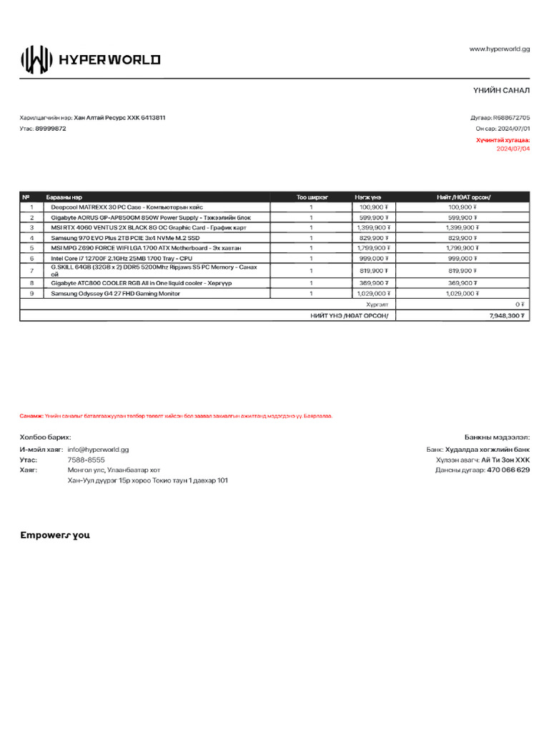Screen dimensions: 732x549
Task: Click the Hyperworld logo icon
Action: [x=36, y=60]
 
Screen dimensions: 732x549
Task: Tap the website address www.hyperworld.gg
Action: [x=499, y=49]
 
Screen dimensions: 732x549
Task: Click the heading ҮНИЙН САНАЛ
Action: [x=500, y=89]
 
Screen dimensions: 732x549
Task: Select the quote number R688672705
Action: [x=510, y=117]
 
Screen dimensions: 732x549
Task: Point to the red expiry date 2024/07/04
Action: [x=513, y=149]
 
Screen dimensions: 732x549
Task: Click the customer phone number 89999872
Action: [x=51, y=129]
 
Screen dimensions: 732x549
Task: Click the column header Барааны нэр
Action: [x=64, y=197]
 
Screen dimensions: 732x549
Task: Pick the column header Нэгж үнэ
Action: [x=367, y=197]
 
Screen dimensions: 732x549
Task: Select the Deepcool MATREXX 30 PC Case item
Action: [x=127, y=207]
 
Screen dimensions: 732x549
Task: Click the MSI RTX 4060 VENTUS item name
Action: [x=149, y=227]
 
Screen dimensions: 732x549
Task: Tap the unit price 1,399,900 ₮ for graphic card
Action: [x=373, y=227]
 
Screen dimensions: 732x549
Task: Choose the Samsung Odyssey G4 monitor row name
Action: [x=115, y=293]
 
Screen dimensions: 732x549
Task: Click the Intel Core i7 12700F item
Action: [x=121, y=258]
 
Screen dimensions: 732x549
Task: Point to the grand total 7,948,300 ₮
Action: [x=508, y=315]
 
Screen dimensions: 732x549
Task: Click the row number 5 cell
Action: [x=32, y=247]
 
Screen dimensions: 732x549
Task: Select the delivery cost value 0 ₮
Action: [x=520, y=304]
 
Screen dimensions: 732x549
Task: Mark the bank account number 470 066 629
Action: [x=508, y=470]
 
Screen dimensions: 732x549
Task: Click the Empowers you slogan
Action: [x=55, y=535]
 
